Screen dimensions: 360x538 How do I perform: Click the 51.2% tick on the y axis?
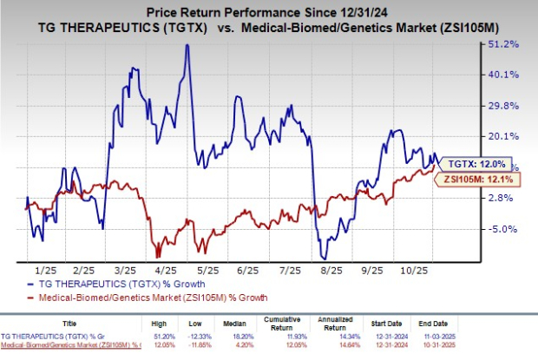pos(506,43)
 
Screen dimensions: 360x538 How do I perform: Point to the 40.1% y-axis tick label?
pos(506,74)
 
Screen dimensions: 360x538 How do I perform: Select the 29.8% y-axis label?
pos(506,105)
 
